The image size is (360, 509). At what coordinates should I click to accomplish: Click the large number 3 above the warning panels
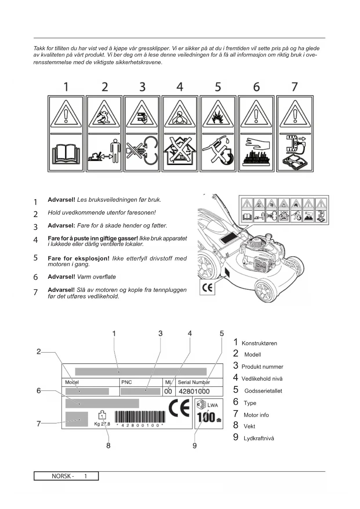[x=142, y=87]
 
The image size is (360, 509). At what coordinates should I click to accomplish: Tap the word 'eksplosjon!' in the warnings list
[x=92, y=258]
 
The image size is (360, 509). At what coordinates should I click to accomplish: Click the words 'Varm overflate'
[x=96, y=277]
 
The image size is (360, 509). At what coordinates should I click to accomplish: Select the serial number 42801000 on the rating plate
[x=194, y=391]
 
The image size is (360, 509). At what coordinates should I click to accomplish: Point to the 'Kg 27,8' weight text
[x=102, y=424]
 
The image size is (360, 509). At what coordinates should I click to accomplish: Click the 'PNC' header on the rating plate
[x=126, y=382]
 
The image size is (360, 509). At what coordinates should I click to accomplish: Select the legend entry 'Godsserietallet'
[x=263, y=391]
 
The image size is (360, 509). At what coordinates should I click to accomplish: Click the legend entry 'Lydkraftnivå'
[x=259, y=438]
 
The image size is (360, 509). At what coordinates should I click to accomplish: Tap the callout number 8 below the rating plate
[x=108, y=445]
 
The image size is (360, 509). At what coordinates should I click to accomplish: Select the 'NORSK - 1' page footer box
[x=66, y=476]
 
